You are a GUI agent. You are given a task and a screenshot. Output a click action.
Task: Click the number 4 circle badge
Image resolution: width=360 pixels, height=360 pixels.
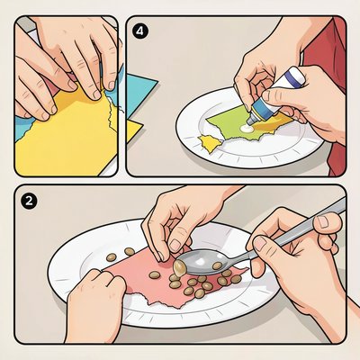click(140, 31)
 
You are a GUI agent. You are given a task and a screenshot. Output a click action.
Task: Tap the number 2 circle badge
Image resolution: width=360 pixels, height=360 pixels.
click(29, 201)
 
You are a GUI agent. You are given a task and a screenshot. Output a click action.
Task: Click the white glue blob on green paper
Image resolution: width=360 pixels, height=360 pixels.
click(247, 129)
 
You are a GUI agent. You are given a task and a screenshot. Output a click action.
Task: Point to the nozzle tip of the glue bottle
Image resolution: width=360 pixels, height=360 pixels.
click(249, 121)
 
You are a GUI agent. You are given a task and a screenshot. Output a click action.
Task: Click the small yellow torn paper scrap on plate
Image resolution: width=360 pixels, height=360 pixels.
click(209, 143)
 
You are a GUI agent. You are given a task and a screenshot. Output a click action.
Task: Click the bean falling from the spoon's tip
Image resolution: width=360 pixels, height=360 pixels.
click(179, 268)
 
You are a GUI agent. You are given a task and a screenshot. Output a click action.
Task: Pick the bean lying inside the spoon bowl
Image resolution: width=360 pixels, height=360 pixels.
click(217, 265)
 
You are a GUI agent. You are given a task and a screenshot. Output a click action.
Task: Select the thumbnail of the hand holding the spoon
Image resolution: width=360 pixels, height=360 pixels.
click(261, 243)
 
